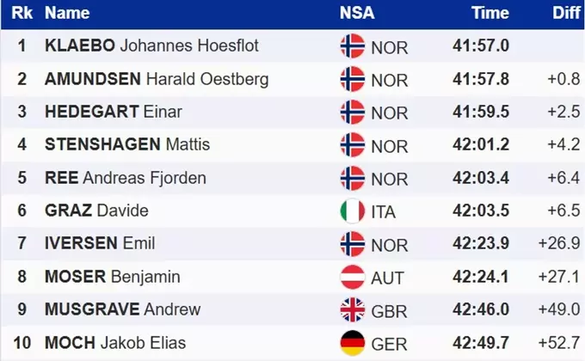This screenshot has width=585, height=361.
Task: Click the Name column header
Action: (x=67, y=13)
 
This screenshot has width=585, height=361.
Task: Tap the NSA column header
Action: (x=357, y=13)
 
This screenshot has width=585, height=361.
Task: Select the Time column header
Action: (x=490, y=13)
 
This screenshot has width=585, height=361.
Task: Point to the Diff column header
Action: (x=566, y=13)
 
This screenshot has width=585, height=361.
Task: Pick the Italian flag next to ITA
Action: (x=353, y=211)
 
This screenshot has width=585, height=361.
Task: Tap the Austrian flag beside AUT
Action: (x=353, y=277)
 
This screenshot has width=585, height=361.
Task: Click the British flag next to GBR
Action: (x=353, y=309)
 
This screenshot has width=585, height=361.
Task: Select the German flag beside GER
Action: (x=353, y=342)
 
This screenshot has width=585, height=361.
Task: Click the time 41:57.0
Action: (x=481, y=46)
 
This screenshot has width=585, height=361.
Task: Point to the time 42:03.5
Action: (x=481, y=211)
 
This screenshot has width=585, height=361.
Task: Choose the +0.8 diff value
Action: (x=563, y=79)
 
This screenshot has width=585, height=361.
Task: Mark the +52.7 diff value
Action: (x=559, y=343)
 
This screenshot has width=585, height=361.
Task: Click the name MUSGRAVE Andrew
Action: (x=122, y=309)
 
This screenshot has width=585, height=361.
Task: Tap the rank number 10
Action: (x=22, y=343)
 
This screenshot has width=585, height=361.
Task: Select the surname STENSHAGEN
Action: (x=102, y=144)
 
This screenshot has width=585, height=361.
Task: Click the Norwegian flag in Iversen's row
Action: (x=353, y=243)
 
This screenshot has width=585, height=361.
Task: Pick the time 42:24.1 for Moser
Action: (x=481, y=277)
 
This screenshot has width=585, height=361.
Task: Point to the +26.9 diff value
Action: (x=559, y=244)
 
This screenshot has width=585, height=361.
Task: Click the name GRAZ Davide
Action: (x=96, y=211)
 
